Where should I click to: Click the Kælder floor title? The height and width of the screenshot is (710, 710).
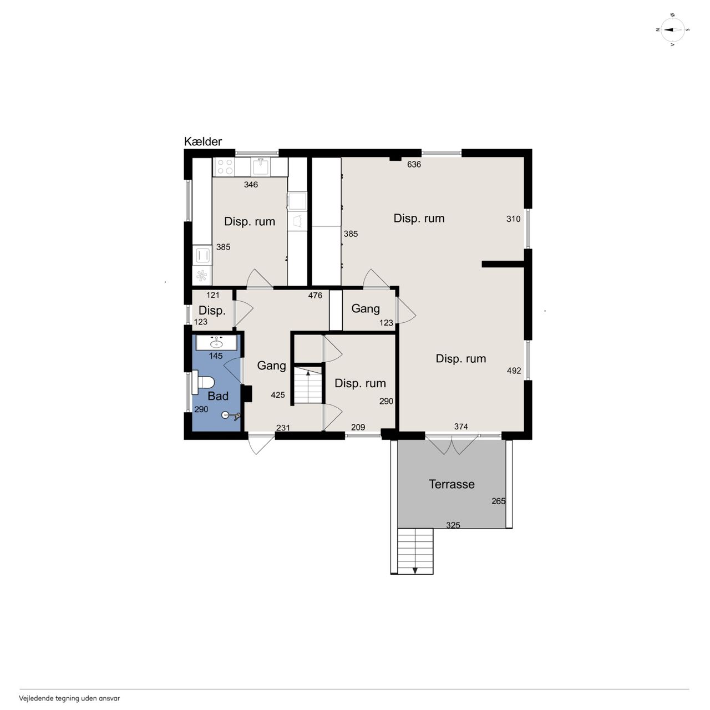pos(202,141)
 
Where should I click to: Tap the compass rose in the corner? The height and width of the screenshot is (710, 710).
pos(672,30)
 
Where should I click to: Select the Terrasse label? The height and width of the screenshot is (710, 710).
pos(452,484)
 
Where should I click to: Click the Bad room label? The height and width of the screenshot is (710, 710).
pos(218,396)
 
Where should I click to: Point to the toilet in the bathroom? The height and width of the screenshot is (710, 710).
pos(203,382)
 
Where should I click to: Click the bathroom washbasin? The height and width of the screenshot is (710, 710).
pos(216,343)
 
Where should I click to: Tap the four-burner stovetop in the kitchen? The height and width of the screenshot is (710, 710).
pos(225,167)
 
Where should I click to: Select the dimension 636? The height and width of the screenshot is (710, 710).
pos(414,164)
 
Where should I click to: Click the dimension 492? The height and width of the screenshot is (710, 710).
pos(514,371)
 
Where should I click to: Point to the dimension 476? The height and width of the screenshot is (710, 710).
pos(315,295)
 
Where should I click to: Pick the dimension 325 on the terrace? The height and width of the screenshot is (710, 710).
pos(453,525)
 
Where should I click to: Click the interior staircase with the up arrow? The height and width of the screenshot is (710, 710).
pos(308,386)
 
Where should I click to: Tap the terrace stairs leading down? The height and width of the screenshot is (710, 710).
pos(415,551)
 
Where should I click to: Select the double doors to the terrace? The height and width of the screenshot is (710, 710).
pos(452,444)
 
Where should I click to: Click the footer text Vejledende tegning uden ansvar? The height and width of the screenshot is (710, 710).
pos(69,698)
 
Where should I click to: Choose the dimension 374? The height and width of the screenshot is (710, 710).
pos(460,427)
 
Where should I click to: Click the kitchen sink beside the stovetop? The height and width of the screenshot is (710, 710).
pos(261,167)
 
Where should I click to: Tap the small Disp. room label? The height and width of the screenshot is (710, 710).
pos(212,311)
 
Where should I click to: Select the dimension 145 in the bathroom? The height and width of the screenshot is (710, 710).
pos(216,356)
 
